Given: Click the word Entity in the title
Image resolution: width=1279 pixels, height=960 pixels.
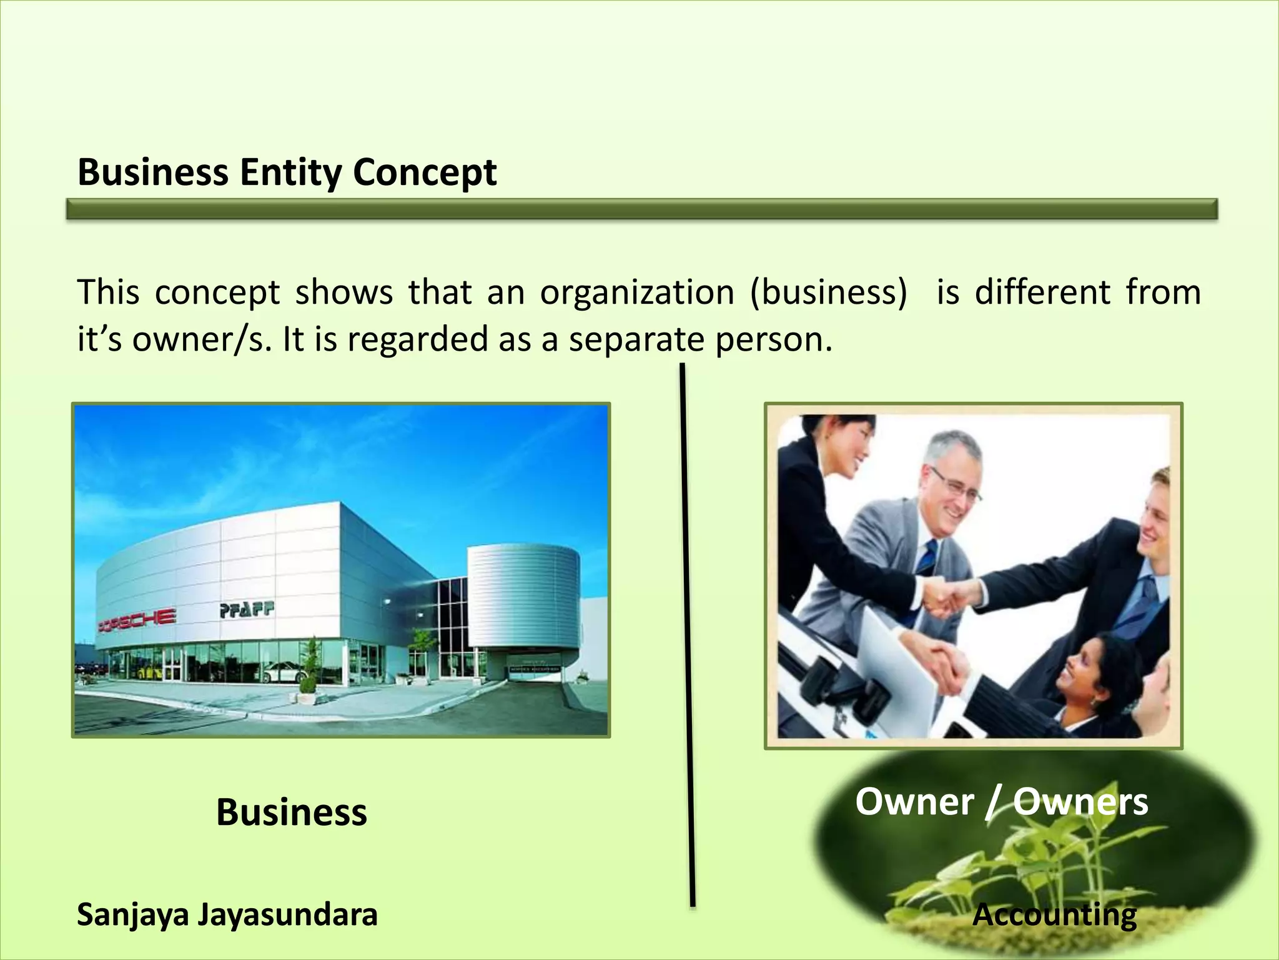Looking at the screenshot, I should point(290,172).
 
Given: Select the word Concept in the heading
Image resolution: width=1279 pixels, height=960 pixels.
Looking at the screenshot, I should point(425,172).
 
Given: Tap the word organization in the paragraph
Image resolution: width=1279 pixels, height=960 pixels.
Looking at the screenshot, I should point(637,292).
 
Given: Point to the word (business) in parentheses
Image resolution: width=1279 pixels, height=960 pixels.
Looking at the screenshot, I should point(828,292).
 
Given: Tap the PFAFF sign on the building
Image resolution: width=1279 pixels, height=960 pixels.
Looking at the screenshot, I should point(247,610).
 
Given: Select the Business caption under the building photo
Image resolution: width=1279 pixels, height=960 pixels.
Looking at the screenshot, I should point(291,812).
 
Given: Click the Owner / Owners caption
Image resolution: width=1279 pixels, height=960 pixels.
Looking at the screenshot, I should point(1001,802).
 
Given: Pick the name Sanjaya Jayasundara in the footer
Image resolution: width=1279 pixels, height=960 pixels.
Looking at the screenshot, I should point(227,914).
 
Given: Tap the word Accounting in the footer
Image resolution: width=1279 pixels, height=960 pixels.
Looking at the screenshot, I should point(1055,915).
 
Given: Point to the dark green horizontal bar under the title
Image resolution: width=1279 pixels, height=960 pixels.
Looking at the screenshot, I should point(641,209).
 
